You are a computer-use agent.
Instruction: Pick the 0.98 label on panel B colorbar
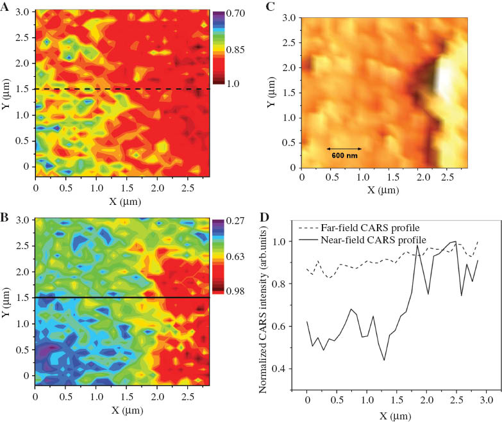click(x=235, y=291)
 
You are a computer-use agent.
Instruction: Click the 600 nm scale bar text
click(x=344, y=155)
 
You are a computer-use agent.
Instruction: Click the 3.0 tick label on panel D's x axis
click(x=488, y=400)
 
